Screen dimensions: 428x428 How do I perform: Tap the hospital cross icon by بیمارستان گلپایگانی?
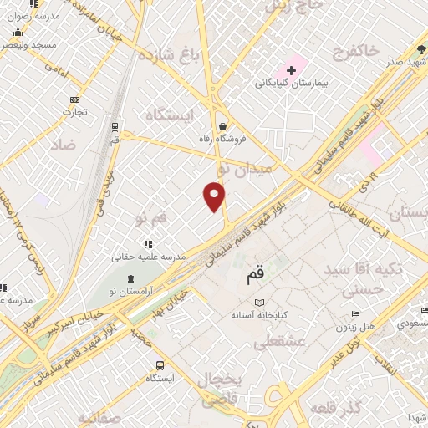(x=291, y=69)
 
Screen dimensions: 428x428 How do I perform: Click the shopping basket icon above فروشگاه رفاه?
(x=222, y=126)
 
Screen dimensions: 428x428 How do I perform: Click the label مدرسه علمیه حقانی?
(x=147, y=257)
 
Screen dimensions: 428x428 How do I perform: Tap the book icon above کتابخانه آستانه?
(x=259, y=302)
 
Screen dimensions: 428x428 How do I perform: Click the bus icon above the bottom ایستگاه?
(x=160, y=365)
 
